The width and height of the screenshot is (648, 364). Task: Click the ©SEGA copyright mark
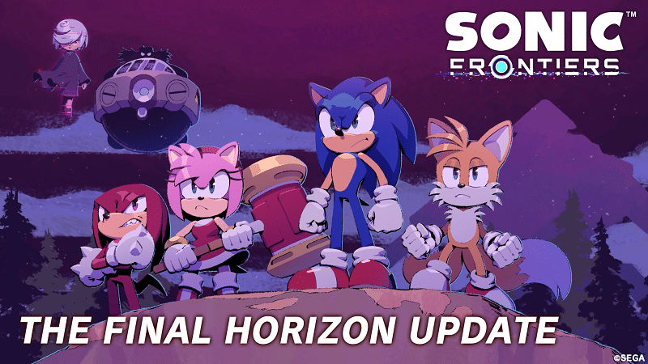tap(628, 356)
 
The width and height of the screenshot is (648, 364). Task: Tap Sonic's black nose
tap(354, 126)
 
